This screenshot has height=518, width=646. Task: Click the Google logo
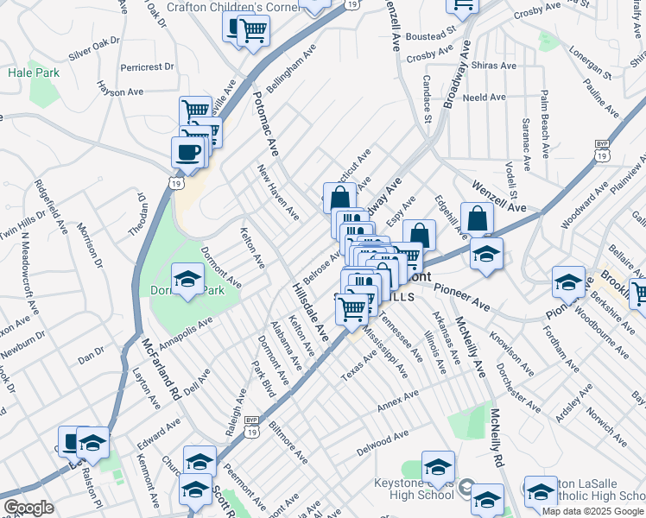[28, 508]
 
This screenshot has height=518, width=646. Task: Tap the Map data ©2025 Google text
[592, 511]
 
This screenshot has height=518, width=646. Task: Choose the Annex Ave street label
[397, 399]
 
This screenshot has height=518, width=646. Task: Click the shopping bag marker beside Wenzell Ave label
[477, 218]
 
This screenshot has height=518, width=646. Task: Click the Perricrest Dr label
[148, 66]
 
